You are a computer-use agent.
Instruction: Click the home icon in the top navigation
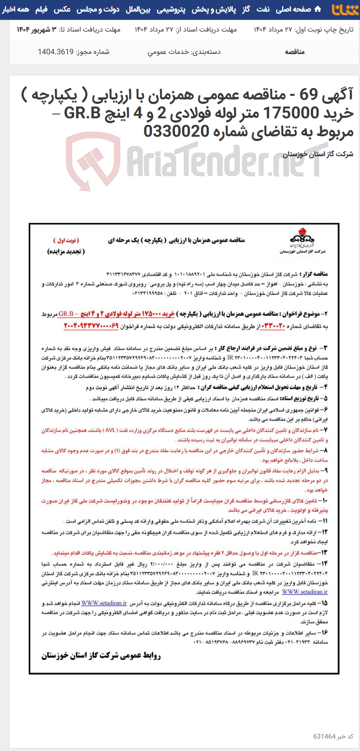point(318,9)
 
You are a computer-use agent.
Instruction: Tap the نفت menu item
point(264,9)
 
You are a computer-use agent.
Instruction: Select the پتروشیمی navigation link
point(171,9)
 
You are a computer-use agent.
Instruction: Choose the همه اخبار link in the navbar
point(16,9)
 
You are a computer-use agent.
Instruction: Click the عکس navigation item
point(62,9)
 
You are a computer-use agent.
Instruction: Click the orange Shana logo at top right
point(345,9)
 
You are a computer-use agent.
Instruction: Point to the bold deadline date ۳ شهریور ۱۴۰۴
point(37,29)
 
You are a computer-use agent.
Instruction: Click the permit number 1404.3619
point(55,52)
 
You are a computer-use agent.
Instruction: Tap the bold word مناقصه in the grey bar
point(295,52)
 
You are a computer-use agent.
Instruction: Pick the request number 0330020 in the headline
point(176,131)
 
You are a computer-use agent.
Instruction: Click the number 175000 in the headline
point(292,113)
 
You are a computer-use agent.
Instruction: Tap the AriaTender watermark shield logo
point(93,160)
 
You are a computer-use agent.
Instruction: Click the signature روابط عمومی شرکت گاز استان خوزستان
point(101,656)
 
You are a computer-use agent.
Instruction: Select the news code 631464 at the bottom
point(324,737)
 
